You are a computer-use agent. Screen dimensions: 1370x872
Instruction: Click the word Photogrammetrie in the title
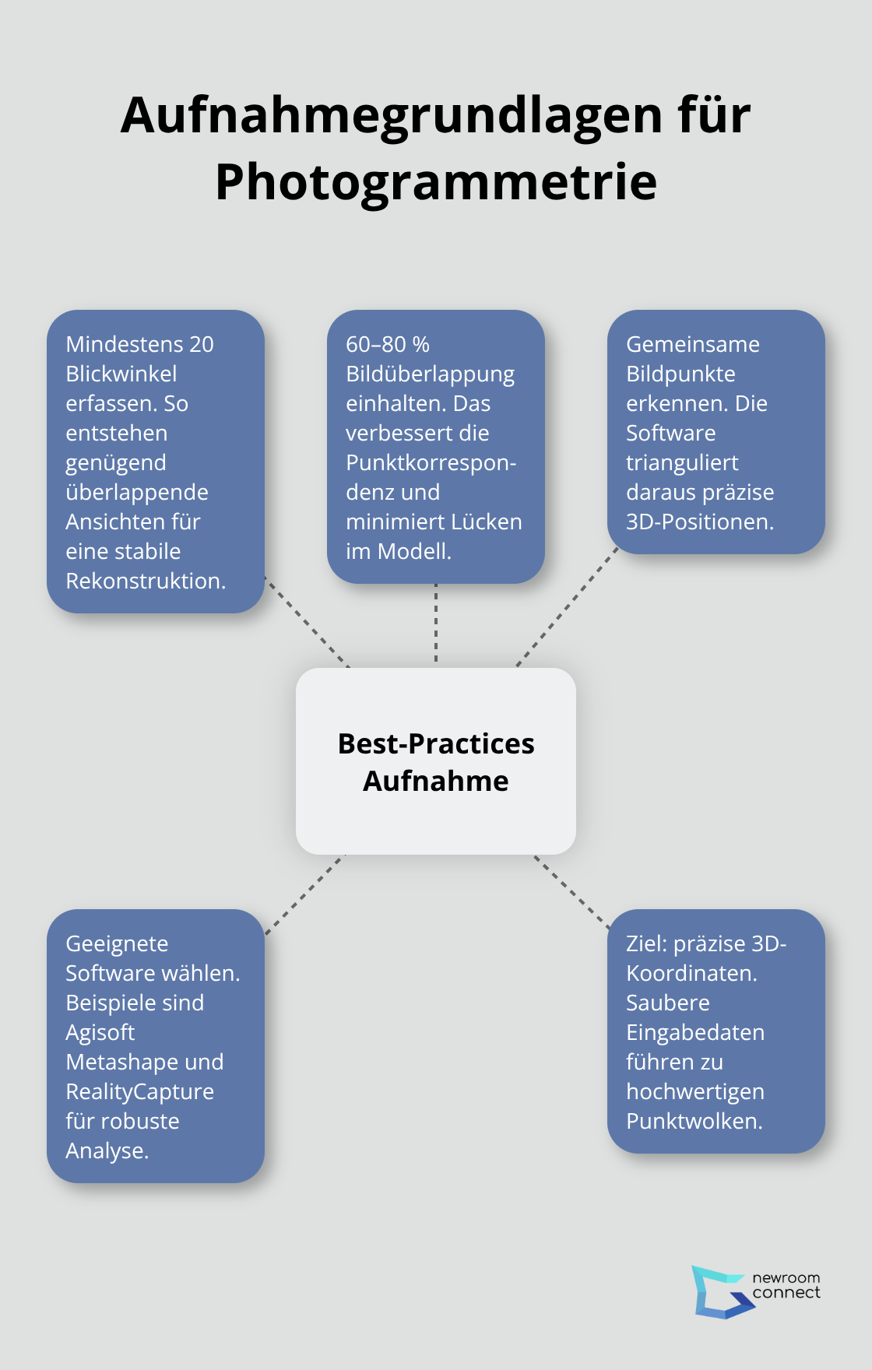click(x=436, y=182)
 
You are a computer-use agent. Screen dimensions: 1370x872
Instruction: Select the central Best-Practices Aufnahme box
click(x=436, y=761)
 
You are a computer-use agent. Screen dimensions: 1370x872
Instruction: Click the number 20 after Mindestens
click(x=201, y=344)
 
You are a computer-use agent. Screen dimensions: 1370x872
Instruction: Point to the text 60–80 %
click(x=388, y=344)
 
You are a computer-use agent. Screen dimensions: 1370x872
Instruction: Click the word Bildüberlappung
click(x=430, y=374)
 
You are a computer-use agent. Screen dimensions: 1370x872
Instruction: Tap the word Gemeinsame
click(x=693, y=344)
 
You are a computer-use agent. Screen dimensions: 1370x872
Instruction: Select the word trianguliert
click(x=682, y=462)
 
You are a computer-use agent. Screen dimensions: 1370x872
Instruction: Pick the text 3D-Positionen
click(x=699, y=522)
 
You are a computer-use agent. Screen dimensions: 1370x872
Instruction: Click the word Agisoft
click(x=100, y=1032)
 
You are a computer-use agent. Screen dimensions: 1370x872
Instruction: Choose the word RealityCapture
click(x=139, y=1091)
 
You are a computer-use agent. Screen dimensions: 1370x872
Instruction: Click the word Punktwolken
click(x=694, y=1121)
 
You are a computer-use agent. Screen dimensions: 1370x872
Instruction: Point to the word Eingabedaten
click(x=695, y=1032)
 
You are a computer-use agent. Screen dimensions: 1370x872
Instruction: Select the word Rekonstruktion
click(x=145, y=581)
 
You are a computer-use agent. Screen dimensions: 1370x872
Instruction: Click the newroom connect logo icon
click(x=719, y=1291)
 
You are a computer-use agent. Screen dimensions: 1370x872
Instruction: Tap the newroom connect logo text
click(x=786, y=1285)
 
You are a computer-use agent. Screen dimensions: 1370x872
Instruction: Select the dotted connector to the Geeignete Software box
click(x=304, y=894)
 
